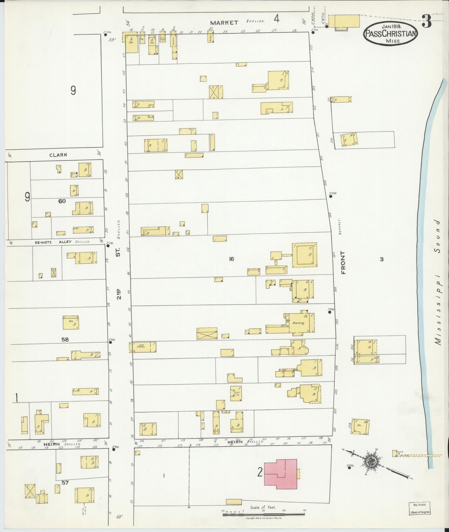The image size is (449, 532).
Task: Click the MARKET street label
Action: click(224, 23)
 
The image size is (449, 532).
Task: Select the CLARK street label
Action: click(58, 155)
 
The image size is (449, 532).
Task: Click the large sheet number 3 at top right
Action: click(426, 22)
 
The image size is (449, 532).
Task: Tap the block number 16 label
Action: click(231, 259)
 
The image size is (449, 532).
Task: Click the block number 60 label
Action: click(62, 201)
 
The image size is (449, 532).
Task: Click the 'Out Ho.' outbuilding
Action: click(236, 393)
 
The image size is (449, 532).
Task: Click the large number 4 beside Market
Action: click(276, 19)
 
